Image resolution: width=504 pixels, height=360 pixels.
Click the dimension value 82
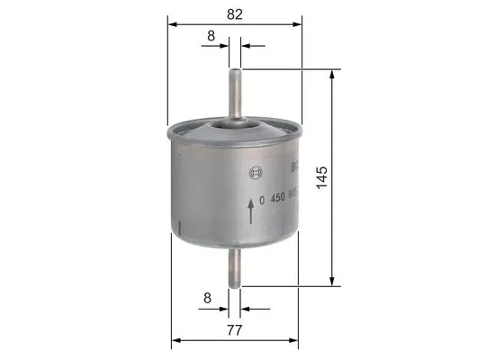pyautogui.click(x=234, y=13)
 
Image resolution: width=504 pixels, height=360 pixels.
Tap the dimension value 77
pyautogui.click(x=234, y=329)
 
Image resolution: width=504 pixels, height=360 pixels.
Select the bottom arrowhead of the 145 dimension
pyautogui.click(x=335, y=281)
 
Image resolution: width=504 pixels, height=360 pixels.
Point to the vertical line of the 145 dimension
pyautogui.click(x=335, y=216)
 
